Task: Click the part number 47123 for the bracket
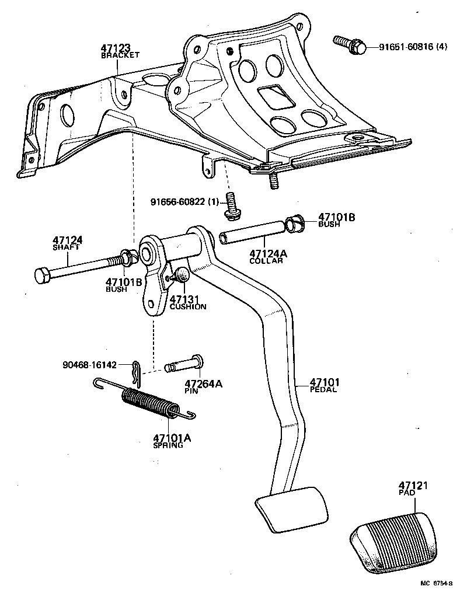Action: coord(115,48)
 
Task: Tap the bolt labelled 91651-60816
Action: coord(350,45)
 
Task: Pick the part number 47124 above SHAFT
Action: coord(68,240)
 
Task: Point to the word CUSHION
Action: coord(187,306)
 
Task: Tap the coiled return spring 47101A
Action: coord(149,402)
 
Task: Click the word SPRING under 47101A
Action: coord(168,445)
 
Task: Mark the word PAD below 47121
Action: coord(407,493)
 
